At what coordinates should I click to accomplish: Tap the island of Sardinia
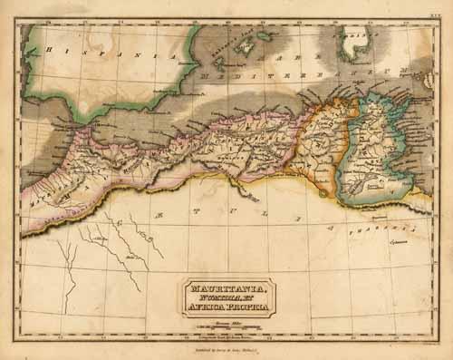pos(349,45)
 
